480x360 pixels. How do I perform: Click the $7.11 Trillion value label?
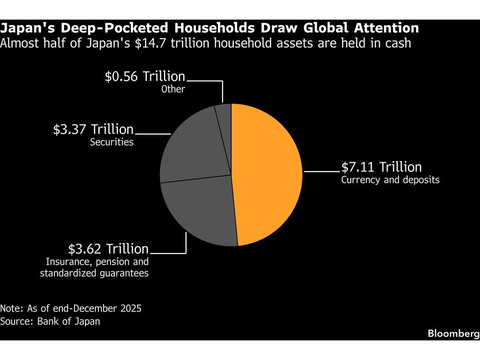coord(381,167)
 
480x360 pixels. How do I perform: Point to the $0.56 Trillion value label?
coord(145,76)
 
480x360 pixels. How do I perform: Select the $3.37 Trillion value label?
coord(93,129)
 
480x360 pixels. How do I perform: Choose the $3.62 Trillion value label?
coord(108,249)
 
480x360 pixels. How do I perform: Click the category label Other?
coord(173,89)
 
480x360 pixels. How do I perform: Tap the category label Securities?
coord(112,142)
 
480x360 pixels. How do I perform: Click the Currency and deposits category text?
coord(390,180)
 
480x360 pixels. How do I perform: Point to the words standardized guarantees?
coord(94,273)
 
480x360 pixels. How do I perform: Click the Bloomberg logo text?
coord(454,334)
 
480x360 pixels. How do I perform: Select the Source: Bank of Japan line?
coord(50,321)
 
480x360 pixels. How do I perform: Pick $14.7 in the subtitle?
coord(151,43)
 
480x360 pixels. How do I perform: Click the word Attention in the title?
coord(386,28)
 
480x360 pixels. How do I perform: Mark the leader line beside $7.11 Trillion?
coord(322,172)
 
